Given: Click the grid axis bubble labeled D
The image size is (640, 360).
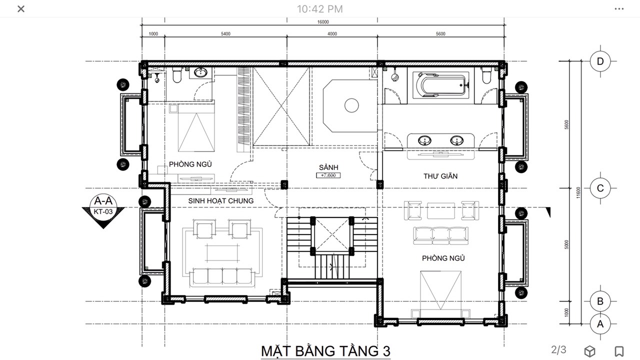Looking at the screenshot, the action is (x=600, y=61).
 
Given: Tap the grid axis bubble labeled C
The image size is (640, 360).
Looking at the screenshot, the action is (x=600, y=188).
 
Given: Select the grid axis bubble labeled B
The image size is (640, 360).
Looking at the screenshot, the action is (x=600, y=301).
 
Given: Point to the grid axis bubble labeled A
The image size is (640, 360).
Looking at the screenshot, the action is (x=600, y=324).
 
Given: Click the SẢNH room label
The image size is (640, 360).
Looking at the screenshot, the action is (x=328, y=167).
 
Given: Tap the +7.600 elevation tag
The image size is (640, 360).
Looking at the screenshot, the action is (x=328, y=175).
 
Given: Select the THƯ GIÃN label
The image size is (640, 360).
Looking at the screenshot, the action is (x=440, y=175).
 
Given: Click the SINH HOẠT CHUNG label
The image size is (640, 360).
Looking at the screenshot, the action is (x=221, y=201).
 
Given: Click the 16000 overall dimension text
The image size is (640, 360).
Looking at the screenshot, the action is (x=323, y=22).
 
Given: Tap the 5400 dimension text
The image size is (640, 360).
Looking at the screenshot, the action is (x=225, y=33).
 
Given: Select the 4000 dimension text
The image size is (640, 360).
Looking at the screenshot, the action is (x=332, y=33).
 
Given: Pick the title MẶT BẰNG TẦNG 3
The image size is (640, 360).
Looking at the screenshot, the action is (x=325, y=351).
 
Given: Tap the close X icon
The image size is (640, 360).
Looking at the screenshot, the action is (x=21, y=9).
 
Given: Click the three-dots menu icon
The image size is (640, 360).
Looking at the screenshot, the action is (x=619, y=9).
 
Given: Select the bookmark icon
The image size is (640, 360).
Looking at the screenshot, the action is (x=619, y=351).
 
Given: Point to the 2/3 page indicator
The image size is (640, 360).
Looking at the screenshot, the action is (x=558, y=349).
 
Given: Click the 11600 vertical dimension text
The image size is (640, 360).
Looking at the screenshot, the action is (x=578, y=192).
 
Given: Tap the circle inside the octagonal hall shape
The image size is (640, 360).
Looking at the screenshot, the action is (x=351, y=105).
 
